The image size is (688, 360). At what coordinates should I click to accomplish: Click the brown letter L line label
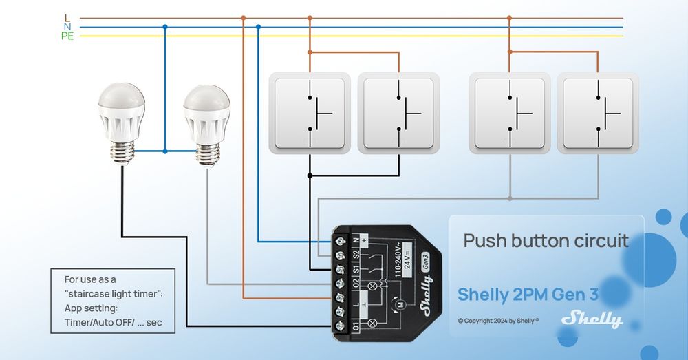coord(67,17)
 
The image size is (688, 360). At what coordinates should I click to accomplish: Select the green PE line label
coord(67,36)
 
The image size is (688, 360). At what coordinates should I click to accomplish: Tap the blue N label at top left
coord(67,27)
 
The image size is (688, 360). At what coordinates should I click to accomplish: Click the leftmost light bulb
coord(121,120)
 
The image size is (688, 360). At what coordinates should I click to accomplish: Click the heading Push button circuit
coord(546,241)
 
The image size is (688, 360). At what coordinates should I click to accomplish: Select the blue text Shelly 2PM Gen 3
coord(528,295)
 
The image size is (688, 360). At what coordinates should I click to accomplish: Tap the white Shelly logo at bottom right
coord(592,319)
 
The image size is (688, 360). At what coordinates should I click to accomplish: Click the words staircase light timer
coord(114,294)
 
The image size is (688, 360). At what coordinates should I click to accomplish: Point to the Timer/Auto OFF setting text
coord(114,322)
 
